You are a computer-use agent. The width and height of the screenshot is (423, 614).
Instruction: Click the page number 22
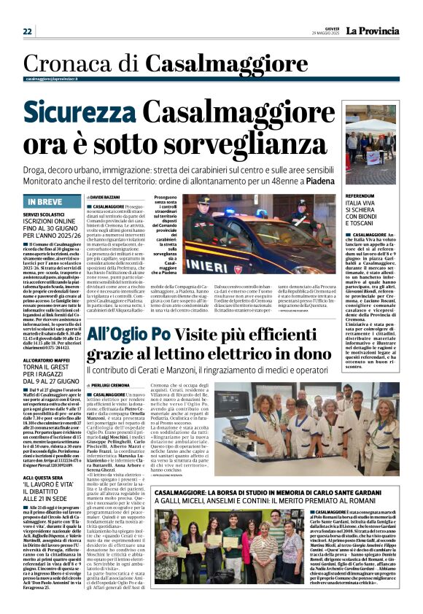28,31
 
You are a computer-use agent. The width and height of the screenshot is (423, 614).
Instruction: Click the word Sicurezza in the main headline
78,113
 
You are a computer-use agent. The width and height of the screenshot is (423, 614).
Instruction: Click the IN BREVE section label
44,201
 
